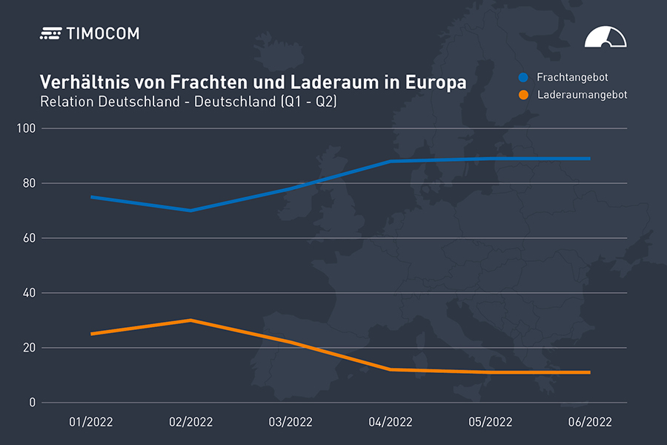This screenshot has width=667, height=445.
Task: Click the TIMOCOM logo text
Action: pyautogui.click(x=102, y=33)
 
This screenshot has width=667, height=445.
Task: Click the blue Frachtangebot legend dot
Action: pyautogui.click(x=524, y=77)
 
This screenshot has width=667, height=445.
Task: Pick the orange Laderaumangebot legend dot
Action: pyautogui.click(x=524, y=95)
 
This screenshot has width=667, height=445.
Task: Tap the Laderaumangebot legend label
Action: pyautogui.click(x=582, y=95)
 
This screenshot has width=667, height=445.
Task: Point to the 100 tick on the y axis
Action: pyautogui.click(x=27, y=129)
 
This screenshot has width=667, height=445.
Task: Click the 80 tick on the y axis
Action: pyautogui.click(x=29, y=183)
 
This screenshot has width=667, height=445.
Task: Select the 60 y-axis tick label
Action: pyautogui.click(x=29, y=238)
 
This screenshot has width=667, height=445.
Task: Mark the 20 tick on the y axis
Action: pyautogui.click(x=29, y=348)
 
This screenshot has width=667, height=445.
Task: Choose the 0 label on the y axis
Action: pyautogui.click(x=32, y=403)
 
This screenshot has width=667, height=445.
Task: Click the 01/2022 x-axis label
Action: pyautogui.click(x=90, y=422)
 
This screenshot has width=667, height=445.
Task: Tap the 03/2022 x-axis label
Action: pyautogui.click(x=290, y=422)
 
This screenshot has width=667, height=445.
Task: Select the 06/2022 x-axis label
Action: pyautogui.click(x=590, y=422)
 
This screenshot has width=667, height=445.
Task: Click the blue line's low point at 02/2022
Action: pyautogui.click(x=190, y=211)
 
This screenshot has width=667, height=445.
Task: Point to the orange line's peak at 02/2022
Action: pyautogui.click(x=190, y=320)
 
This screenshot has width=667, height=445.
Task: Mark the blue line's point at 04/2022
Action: pyautogui.click(x=390, y=161)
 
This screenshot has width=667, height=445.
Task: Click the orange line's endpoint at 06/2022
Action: pyautogui.click(x=589, y=372)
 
